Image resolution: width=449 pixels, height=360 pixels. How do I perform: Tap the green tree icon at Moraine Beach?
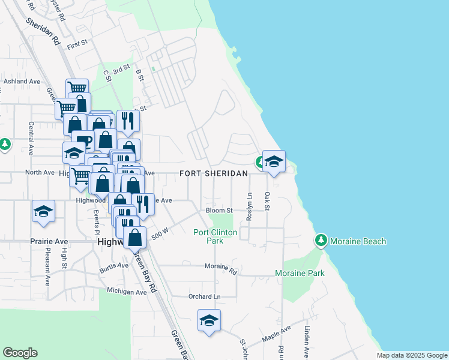point(321,241)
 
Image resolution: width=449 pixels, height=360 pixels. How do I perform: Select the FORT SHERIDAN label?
point(214,173)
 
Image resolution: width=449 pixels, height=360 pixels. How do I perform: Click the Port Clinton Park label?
point(215,236)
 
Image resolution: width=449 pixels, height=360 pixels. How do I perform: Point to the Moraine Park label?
point(300,273)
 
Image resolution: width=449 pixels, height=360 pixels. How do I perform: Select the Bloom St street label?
point(219,211)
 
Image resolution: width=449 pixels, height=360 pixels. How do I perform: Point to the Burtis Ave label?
point(114,267)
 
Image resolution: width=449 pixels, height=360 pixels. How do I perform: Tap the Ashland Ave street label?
point(22,81)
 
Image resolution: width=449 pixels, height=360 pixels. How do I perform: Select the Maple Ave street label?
point(277,335)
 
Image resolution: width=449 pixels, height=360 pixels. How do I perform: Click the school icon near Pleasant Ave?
point(44,211)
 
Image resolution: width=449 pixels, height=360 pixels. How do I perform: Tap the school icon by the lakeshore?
point(274,161)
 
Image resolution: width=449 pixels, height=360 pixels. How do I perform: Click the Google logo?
point(20,353)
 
